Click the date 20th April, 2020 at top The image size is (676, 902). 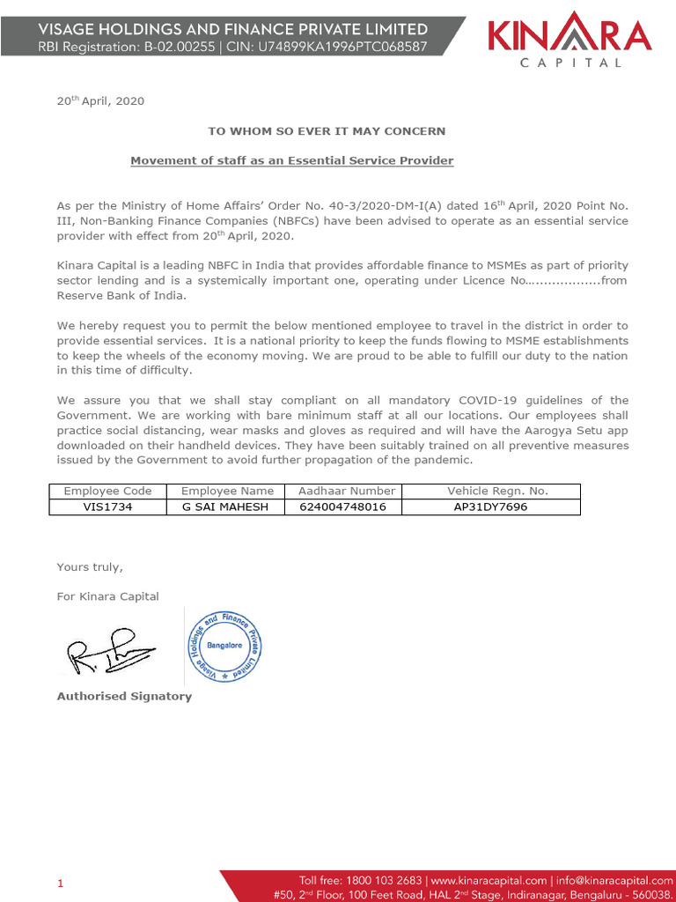100,100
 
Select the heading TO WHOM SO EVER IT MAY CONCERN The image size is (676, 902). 327,130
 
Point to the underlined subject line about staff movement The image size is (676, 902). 292,160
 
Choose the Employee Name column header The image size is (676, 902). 227,491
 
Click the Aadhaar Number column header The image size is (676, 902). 346,491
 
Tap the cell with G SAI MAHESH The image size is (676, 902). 227,506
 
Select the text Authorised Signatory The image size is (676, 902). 124,696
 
